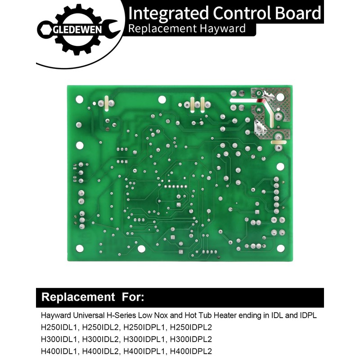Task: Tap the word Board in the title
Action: click(300, 13)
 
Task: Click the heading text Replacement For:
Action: click(93, 297)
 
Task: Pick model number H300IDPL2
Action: click(189, 339)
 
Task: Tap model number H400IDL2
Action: click(101, 351)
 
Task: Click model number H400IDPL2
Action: click(189, 351)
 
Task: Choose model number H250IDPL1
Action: click(144, 327)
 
